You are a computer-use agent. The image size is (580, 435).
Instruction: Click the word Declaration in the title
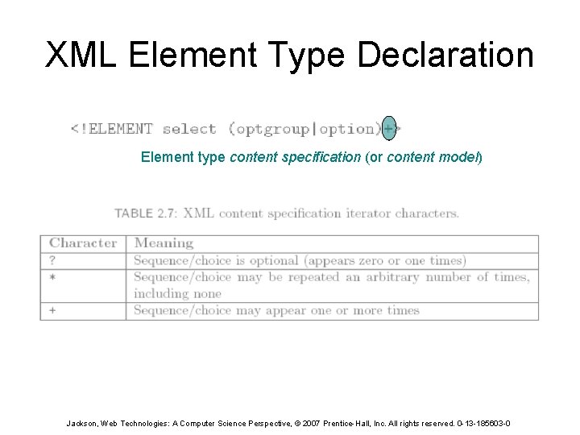click(445, 56)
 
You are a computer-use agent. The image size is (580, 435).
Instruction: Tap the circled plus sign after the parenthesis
click(389, 128)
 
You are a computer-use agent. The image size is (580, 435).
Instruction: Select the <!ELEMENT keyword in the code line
click(111, 128)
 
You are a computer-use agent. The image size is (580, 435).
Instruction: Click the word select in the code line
click(189, 128)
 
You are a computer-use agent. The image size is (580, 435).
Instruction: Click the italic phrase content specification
click(296, 157)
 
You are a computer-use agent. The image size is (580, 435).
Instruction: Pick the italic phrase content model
click(433, 157)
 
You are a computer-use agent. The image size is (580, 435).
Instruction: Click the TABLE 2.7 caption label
click(145, 213)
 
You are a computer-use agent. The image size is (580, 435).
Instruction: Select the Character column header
click(83, 243)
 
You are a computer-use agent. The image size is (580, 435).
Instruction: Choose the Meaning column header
click(164, 243)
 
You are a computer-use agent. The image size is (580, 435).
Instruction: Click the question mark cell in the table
click(52, 260)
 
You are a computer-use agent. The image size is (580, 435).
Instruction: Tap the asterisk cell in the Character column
click(52, 277)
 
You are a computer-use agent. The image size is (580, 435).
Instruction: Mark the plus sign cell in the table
click(52, 311)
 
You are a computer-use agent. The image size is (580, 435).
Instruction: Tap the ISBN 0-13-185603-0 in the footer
click(479, 423)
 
